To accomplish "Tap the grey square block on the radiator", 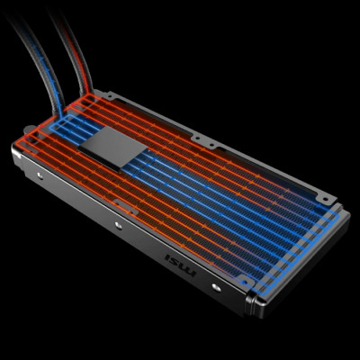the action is (112, 147).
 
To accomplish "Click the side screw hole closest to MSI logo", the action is (216, 287).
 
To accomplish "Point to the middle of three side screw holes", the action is (119, 225).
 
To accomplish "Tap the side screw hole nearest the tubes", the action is (40, 175).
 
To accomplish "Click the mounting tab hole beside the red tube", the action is (109, 96).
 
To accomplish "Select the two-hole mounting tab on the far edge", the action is (204, 141).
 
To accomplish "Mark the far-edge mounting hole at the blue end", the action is (326, 199).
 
